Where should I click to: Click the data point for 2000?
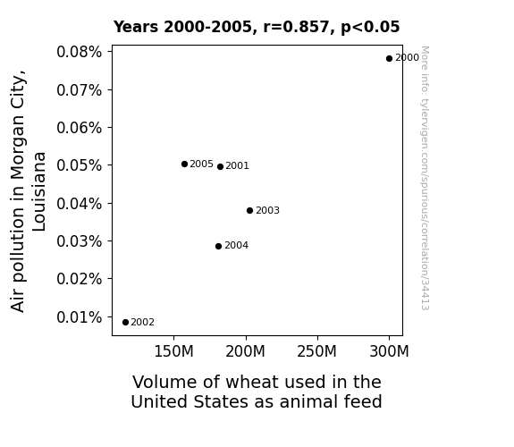pyautogui.click(x=389, y=59)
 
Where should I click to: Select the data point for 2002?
pyautogui.click(x=125, y=323)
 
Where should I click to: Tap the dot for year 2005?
pyautogui.click(x=184, y=164)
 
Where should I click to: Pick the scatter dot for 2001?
pyautogui.click(x=220, y=166)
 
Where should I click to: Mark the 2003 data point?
pyautogui.click(x=249, y=211)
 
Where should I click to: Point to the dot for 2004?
pyautogui.click(x=219, y=246)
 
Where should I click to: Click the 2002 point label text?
pyautogui.click(x=143, y=323)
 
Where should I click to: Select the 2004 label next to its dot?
pyautogui.click(x=236, y=245)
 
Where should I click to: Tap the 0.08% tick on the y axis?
pyautogui.click(x=79, y=52)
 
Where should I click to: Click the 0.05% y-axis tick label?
pyautogui.click(x=79, y=165)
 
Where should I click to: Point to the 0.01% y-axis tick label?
pyautogui.click(x=79, y=317)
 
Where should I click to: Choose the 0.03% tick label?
pyautogui.click(x=79, y=241)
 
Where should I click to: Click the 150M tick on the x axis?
pyautogui.click(x=173, y=351)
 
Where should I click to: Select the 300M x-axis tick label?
pyautogui.click(x=389, y=351)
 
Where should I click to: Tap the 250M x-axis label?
pyautogui.click(x=317, y=351)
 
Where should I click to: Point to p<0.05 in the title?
pyautogui.click(x=370, y=27)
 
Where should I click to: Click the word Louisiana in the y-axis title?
pyautogui.click(x=39, y=191)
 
